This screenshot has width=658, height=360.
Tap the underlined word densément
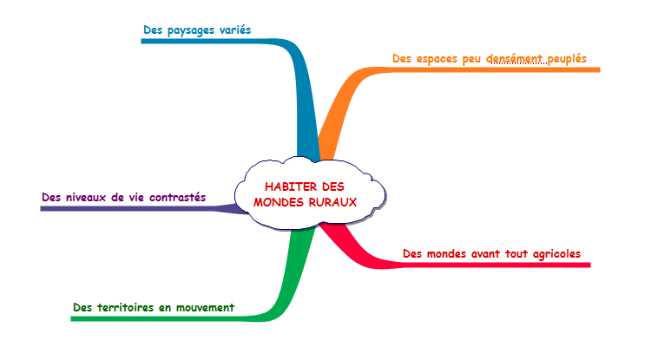[517, 59]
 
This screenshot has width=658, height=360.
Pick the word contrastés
[177, 197]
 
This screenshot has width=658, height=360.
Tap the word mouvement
[205, 307]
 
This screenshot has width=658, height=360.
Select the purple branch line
[130, 208]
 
